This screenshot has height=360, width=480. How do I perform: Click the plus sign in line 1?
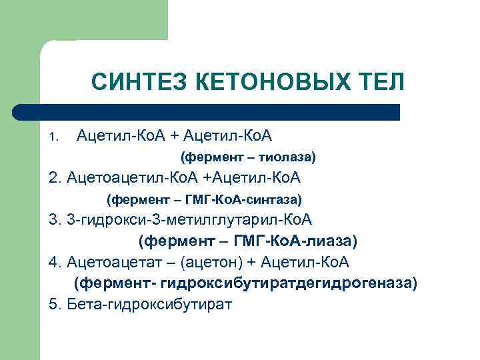[x=175, y=137]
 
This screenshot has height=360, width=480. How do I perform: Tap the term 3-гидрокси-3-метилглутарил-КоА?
[x=189, y=219]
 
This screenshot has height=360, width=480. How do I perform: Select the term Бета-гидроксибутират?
[x=149, y=304]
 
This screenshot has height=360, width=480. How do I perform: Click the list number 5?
[x=53, y=304]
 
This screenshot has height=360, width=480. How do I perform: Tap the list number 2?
[x=53, y=178]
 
